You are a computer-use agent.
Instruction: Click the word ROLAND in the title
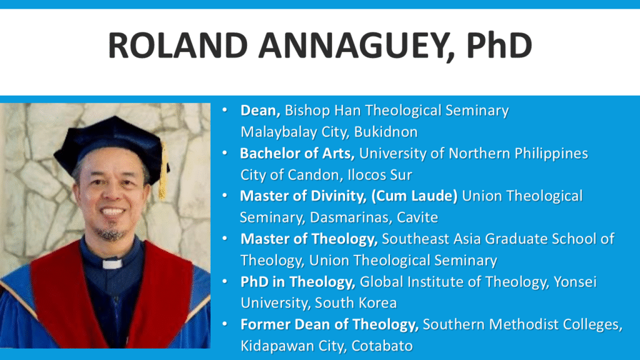[178, 45]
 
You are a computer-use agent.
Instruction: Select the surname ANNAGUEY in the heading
[354, 45]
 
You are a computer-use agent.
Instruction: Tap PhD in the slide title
[499, 45]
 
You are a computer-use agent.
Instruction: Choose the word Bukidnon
[386, 132]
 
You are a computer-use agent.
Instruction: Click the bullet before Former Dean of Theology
[225, 324]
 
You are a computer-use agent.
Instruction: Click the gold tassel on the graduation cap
[163, 171]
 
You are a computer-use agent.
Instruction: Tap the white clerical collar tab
[112, 264]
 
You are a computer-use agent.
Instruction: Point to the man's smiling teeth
[112, 211]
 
